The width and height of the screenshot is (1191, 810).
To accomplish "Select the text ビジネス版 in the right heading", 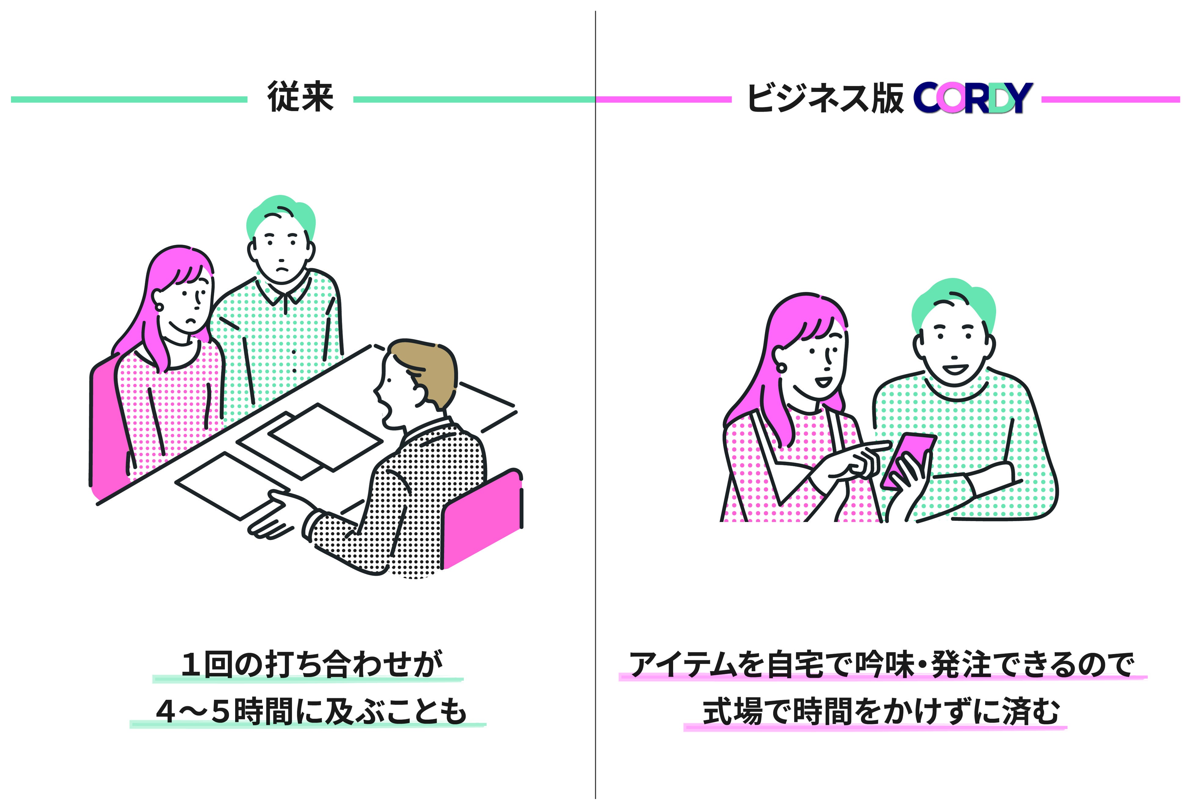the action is (x=825, y=98).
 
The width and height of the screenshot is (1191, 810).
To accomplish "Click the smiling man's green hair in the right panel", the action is (x=953, y=302).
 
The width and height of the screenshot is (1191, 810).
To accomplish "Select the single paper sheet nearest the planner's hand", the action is (x=231, y=484).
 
